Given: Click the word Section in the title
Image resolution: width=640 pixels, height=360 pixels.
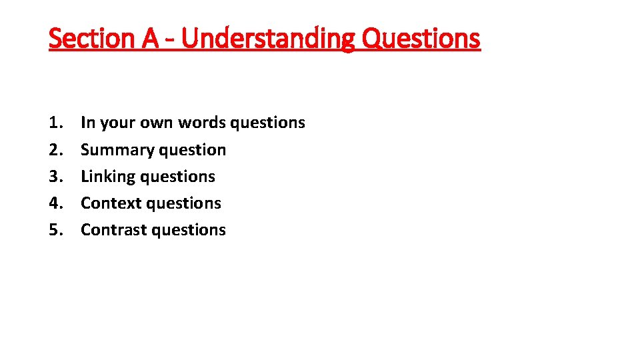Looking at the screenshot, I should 91,39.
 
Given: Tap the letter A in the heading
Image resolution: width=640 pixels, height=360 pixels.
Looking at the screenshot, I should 150,39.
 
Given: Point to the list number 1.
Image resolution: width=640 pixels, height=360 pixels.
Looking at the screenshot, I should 55,123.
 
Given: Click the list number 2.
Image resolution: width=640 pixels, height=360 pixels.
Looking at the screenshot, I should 55,149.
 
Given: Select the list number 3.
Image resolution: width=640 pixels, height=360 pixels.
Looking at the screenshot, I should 55,176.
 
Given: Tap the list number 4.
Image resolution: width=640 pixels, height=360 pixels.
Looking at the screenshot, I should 55,203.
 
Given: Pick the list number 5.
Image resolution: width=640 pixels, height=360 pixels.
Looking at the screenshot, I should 55,229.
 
